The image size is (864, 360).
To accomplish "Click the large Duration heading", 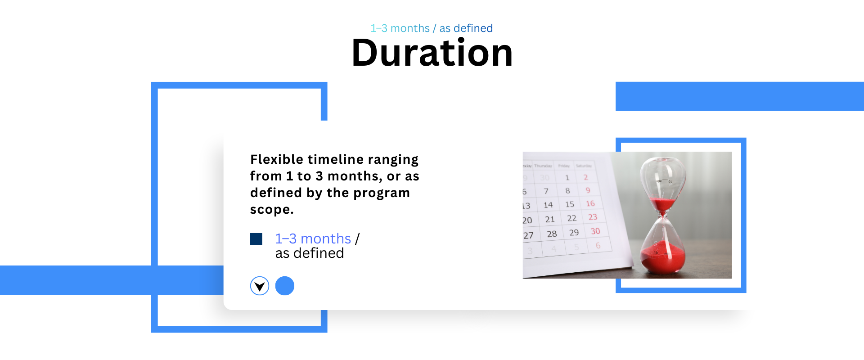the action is pyautogui.click(x=432, y=53).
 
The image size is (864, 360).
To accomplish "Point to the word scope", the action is pyautogui.click(x=272, y=210).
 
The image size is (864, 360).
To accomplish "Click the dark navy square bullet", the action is pyautogui.click(x=256, y=239).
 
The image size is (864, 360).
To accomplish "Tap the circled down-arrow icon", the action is pyautogui.click(x=260, y=286).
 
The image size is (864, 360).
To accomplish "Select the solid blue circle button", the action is pyautogui.click(x=285, y=286).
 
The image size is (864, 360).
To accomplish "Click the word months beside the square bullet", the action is pyautogui.click(x=326, y=238).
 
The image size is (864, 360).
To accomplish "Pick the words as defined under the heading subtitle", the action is pyautogui.click(x=466, y=28).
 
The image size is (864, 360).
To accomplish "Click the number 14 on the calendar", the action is pyautogui.click(x=548, y=205).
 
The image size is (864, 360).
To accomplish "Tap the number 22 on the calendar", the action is pyautogui.click(x=571, y=218).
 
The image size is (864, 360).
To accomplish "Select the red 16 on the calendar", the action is pyautogui.click(x=590, y=204).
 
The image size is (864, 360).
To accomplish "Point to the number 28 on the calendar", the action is pyautogui.click(x=552, y=234).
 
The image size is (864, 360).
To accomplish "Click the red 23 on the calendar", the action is pyautogui.click(x=593, y=217).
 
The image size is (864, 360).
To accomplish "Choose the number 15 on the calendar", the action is pyautogui.click(x=570, y=204).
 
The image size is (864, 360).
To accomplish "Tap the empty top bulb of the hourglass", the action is pyautogui.click(x=662, y=178).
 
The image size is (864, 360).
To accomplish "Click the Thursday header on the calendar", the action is pyautogui.click(x=543, y=166).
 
